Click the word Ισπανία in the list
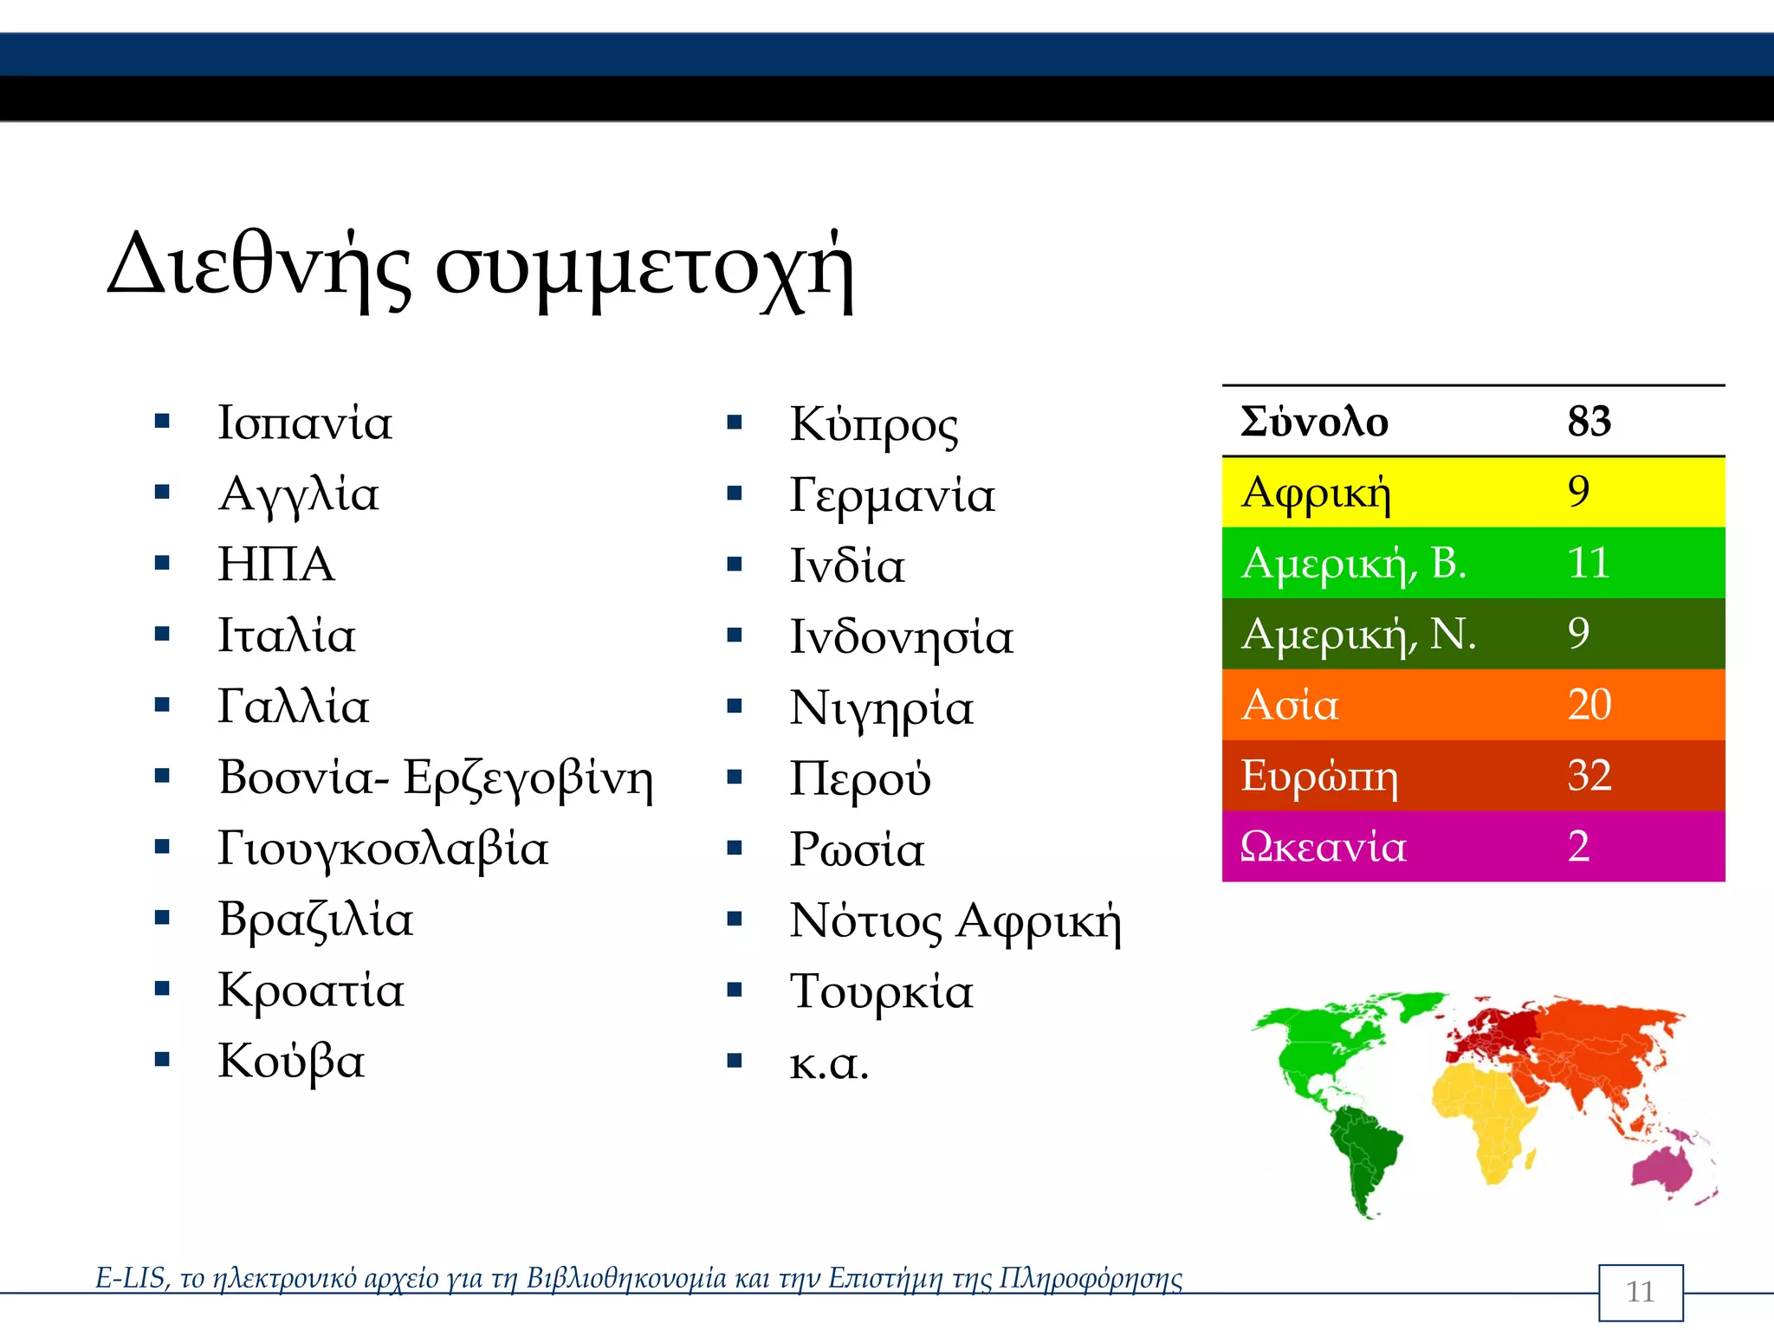tap(304, 423)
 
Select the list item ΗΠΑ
tap(275, 565)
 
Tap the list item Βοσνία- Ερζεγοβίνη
tap(435, 777)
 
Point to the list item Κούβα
tap(291, 1061)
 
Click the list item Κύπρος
tap(873, 424)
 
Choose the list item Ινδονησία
tap(901, 637)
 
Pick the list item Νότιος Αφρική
tap(955, 920)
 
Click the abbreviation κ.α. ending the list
tap(828, 1063)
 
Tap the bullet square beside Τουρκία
tap(735, 989)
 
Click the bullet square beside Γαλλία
tap(162, 705)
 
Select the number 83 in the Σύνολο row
tap(1589, 422)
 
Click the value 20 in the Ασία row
tap(1589, 704)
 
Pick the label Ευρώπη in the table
tap(1318, 776)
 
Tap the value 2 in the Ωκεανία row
tap(1578, 846)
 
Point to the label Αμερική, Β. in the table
tap(1353, 563)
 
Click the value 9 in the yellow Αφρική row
tap(1578, 492)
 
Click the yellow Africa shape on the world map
tap(1483, 1117)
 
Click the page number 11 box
tap(1640, 1292)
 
